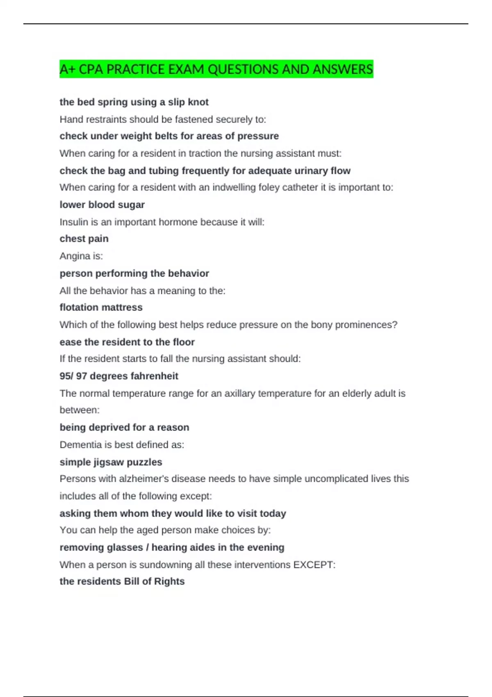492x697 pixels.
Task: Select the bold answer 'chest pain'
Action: (x=84, y=239)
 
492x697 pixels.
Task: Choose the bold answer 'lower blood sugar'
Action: (x=102, y=205)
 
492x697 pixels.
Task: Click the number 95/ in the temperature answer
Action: (x=66, y=376)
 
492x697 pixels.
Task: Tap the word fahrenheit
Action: (x=155, y=376)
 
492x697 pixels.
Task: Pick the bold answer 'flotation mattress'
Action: (x=101, y=307)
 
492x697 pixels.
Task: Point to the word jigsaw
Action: (x=111, y=462)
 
